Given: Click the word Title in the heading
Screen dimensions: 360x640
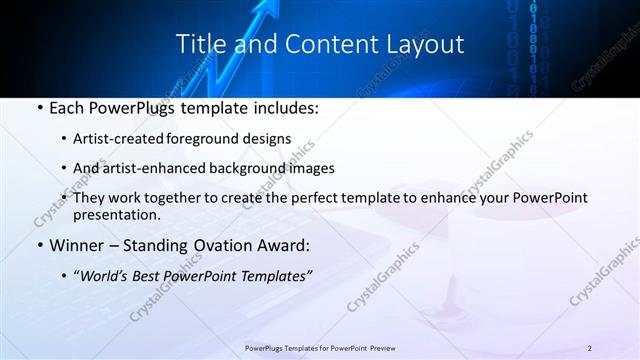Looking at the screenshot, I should [200, 45].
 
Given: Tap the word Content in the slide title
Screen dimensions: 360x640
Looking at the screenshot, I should [322, 45].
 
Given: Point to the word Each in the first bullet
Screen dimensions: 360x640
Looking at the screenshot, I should [67, 106].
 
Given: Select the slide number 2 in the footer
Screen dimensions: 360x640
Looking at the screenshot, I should [590, 347].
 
